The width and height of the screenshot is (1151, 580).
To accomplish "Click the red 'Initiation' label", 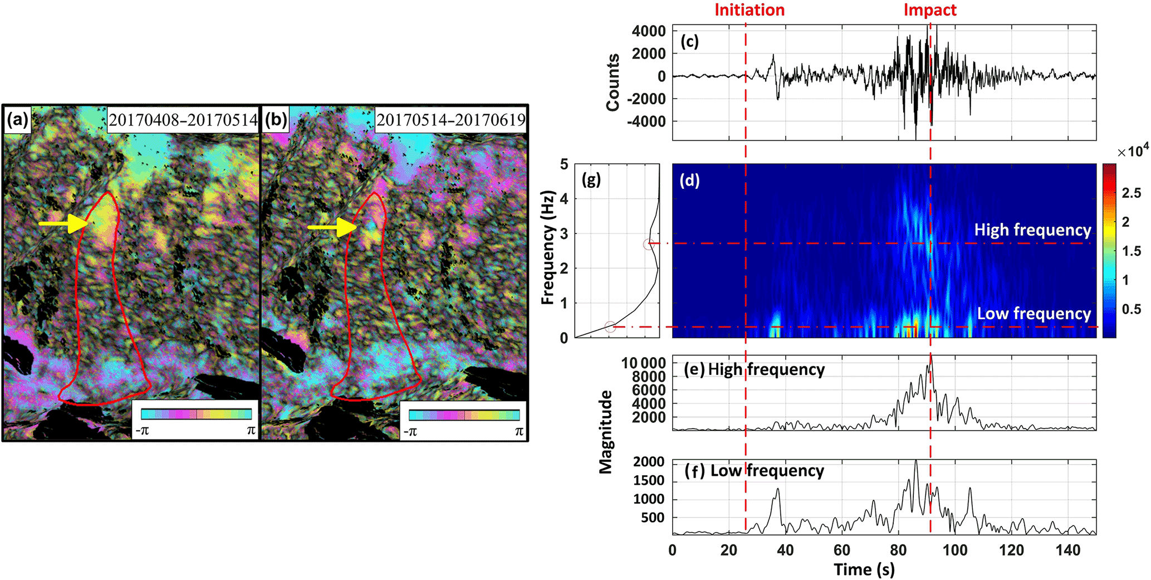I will pyautogui.click(x=749, y=10).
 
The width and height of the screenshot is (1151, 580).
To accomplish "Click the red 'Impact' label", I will pyautogui.click(x=929, y=10).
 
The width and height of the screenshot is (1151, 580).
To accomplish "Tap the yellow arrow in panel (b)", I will pyautogui.click(x=332, y=227).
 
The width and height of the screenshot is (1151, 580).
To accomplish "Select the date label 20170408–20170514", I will pyautogui.click(x=183, y=120).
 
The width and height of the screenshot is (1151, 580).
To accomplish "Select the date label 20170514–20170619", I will pyautogui.click(x=450, y=120).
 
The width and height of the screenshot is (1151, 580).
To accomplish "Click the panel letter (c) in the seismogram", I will pyautogui.click(x=689, y=41).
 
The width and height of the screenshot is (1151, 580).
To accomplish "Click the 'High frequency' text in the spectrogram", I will pyautogui.click(x=1032, y=230).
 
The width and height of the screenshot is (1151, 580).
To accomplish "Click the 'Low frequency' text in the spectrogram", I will pyautogui.click(x=1034, y=314).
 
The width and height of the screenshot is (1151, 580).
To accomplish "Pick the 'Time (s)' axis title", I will pyautogui.click(x=864, y=569).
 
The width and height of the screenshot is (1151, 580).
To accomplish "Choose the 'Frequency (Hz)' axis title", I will pyautogui.click(x=548, y=248).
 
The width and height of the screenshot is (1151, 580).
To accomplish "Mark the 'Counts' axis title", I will pyautogui.click(x=613, y=82).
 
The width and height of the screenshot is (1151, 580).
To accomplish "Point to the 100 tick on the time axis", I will pyautogui.click(x=955, y=550).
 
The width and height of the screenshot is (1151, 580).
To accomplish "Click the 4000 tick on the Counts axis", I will pyautogui.click(x=649, y=31).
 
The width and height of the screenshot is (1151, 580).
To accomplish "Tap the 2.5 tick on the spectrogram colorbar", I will pyautogui.click(x=1132, y=193).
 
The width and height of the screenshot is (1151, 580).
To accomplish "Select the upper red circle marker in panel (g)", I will pyautogui.click(x=648, y=244).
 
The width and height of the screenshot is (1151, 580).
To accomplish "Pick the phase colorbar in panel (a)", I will pyautogui.click(x=196, y=414).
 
